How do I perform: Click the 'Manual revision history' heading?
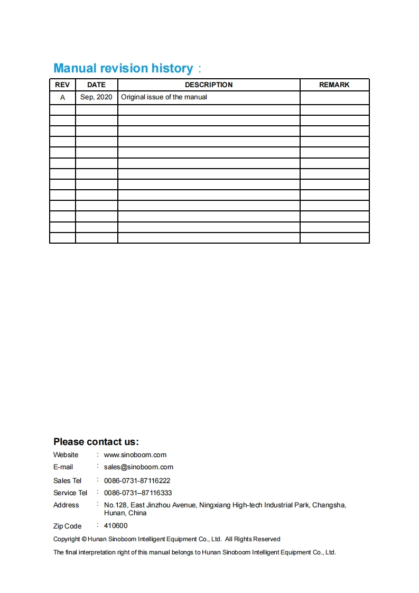123,68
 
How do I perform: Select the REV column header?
62,85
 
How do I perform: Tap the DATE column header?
96,85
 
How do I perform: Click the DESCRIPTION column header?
209,85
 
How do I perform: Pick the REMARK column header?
334,85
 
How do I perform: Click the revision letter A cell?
62,97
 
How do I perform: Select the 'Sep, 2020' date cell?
96,97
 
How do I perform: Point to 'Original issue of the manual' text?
164,97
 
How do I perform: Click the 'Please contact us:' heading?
96,442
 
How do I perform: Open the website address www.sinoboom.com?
135,455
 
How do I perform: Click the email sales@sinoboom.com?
138,467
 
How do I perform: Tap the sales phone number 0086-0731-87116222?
137,480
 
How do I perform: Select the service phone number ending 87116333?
138,493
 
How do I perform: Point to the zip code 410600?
116,526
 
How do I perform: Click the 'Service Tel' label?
70,493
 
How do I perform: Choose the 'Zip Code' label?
67,526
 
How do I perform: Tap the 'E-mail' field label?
63,467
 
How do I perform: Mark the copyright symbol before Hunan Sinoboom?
84,539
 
